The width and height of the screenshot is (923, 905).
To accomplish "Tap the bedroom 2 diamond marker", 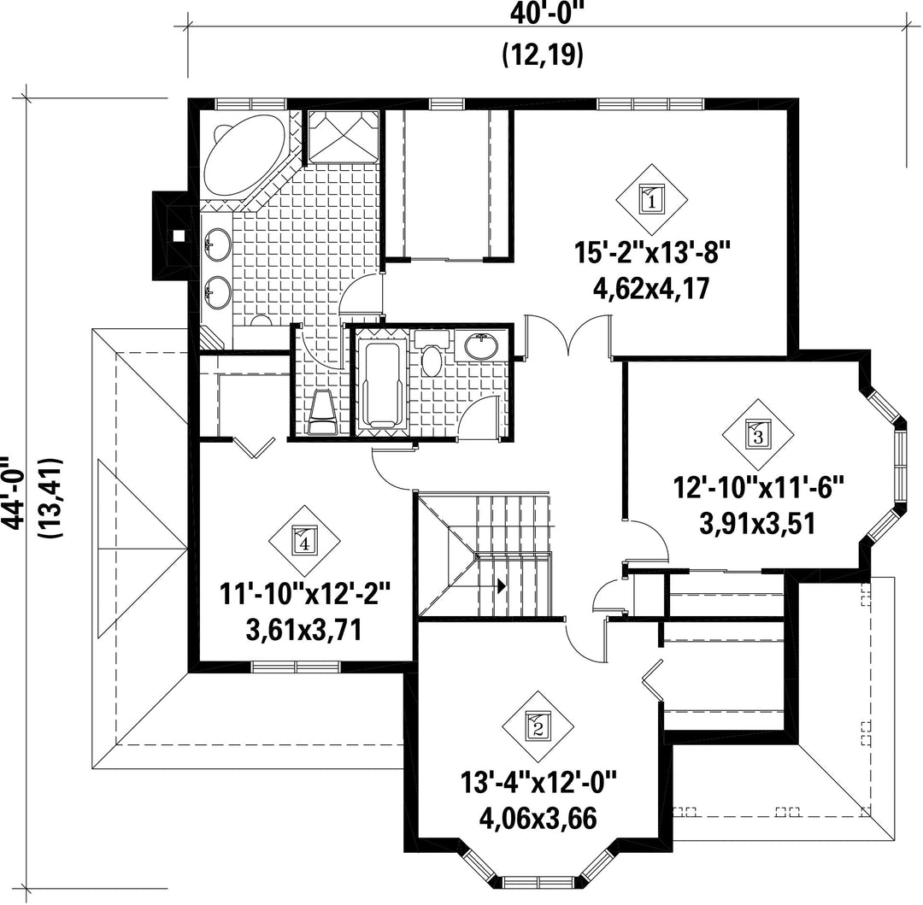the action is pyautogui.click(x=538, y=726).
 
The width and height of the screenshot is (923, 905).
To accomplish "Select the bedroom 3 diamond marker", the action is pyautogui.click(x=758, y=435).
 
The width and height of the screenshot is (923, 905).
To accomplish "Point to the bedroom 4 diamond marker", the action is pyautogui.click(x=304, y=540).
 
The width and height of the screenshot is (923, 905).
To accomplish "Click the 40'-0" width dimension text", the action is pyautogui.click(x=542, y=13).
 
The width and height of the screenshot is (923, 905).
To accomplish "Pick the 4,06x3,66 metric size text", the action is pyautogui.click(x=538, y=817).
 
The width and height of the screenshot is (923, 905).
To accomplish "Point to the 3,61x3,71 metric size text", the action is pyautogui.click(x=304, y=630).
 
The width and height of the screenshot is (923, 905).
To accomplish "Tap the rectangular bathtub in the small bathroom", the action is pyautogui.click(x=383, y=385).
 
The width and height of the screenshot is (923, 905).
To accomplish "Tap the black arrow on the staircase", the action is pyautogui.click(x=501, y=585).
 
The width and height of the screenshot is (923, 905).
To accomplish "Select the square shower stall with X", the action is pyautogui.click(x=344, y=137).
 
